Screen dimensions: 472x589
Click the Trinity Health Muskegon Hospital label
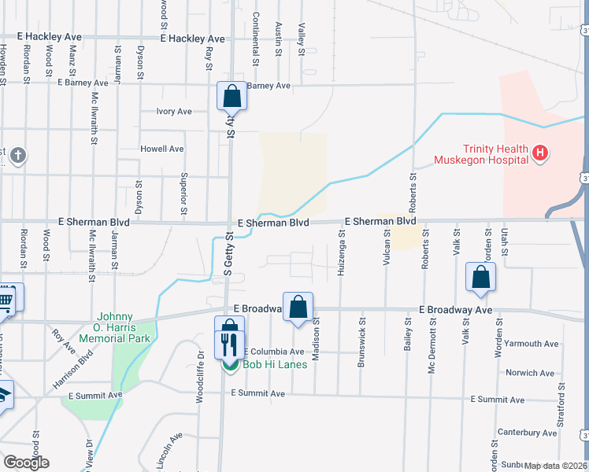pyautogui.click(x=483, y=154)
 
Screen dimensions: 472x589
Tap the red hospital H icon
pyautogui.click(x=540, y=153)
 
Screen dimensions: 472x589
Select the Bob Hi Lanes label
pyautogui.click(x=262, y=365)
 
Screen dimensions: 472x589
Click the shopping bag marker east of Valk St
pyautogui.click(x=480, y=277)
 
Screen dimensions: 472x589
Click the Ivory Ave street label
pyautogui.click(x=174, y=112)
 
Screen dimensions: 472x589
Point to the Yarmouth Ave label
pyautogui.click(x=533, y=344)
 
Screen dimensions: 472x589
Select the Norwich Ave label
pyautogui.click(x=532, y=373)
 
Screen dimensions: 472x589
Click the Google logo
pyautogui.click(x=26, y=463)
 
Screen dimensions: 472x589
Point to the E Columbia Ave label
pyautogui.click(x=273, y=352)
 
